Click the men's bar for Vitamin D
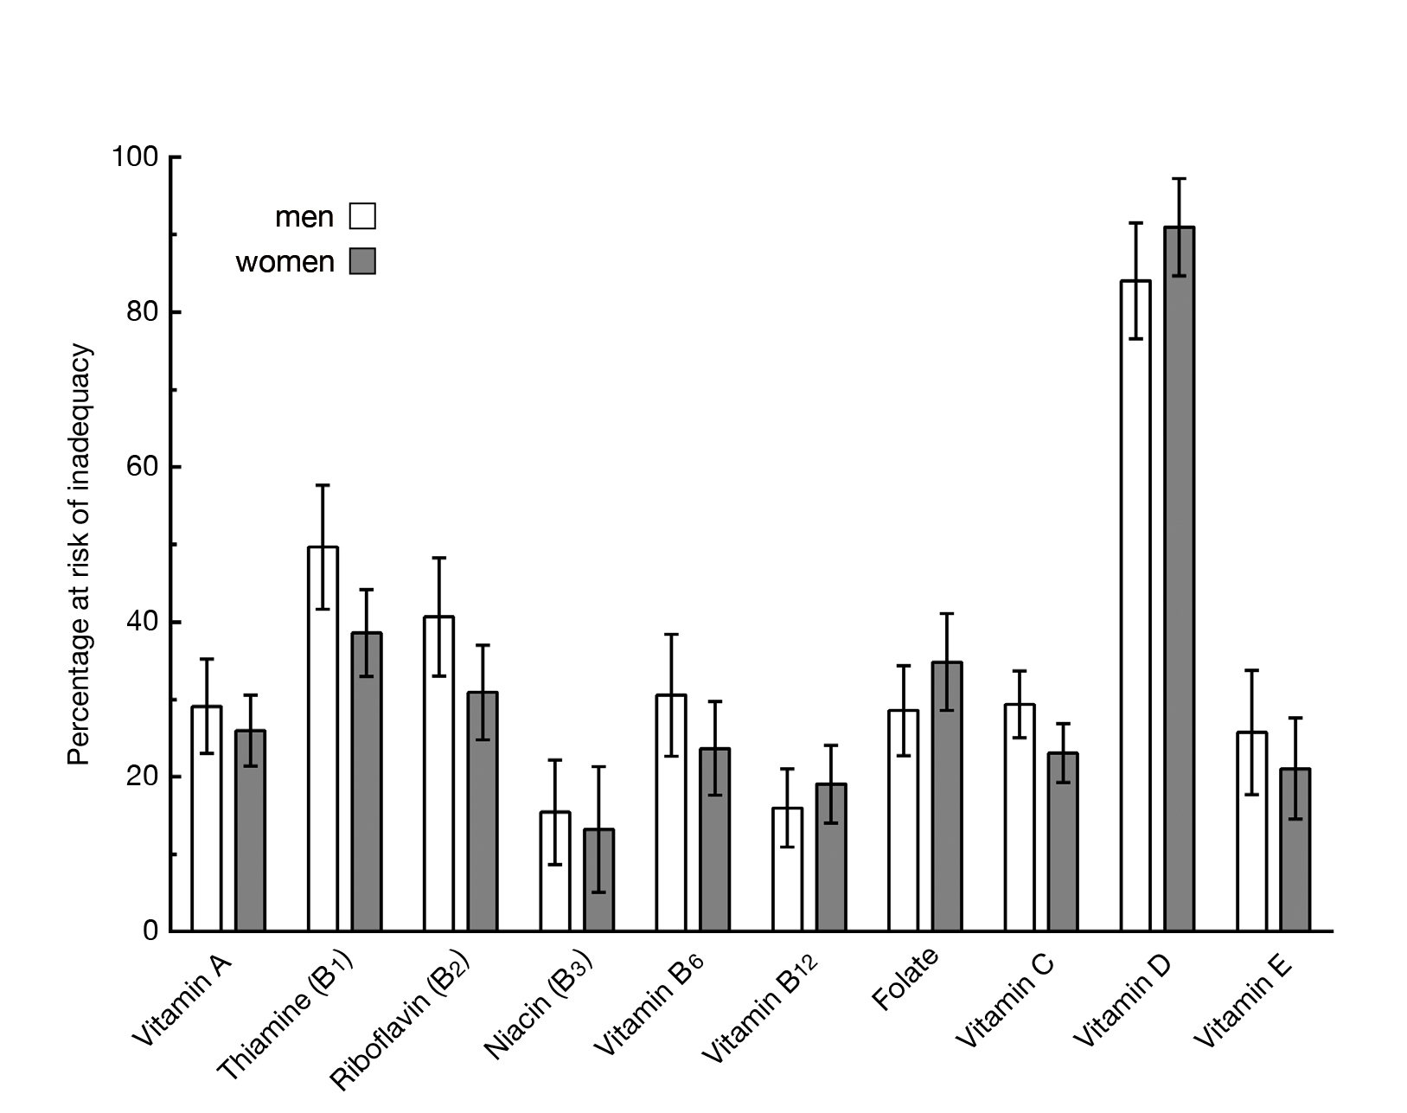[x=1135, y=605]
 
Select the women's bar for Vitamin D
[x=1179, y=579]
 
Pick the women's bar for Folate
[x=947, y=796]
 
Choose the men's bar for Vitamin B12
[x=787, y=869]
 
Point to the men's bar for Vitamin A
[x=207, y=818]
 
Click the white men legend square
[x=362, y=216]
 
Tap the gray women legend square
[x=362, y=261]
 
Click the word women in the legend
[x=285, y=262]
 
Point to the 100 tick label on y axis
[x=135, y=157]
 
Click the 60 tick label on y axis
[x=143, y=467]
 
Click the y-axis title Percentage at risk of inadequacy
[x=80, y=553]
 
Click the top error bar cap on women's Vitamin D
[x=1179, y=179]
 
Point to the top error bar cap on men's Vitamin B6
[x=671, y=635]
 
